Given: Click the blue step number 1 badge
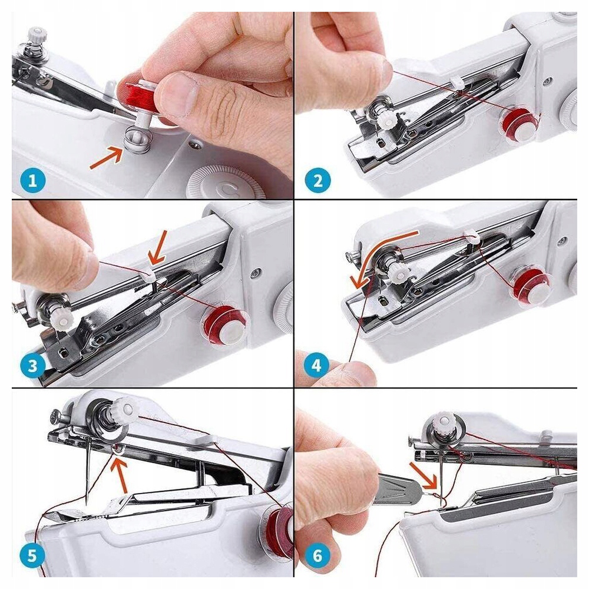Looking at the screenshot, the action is click(32, 181).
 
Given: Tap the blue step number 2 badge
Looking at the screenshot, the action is click(318, 181).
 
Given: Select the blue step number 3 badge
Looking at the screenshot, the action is click(32, 366).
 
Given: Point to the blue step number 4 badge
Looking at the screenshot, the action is click(317, 365).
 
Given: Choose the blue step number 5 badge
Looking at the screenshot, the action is click(32, 555).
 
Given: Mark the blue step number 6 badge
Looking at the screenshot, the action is click(317, 555).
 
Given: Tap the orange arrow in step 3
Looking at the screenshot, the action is click(158, 247).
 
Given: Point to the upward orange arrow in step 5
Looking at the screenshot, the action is click(121, 474).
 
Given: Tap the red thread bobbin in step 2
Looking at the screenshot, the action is click(519, 124).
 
